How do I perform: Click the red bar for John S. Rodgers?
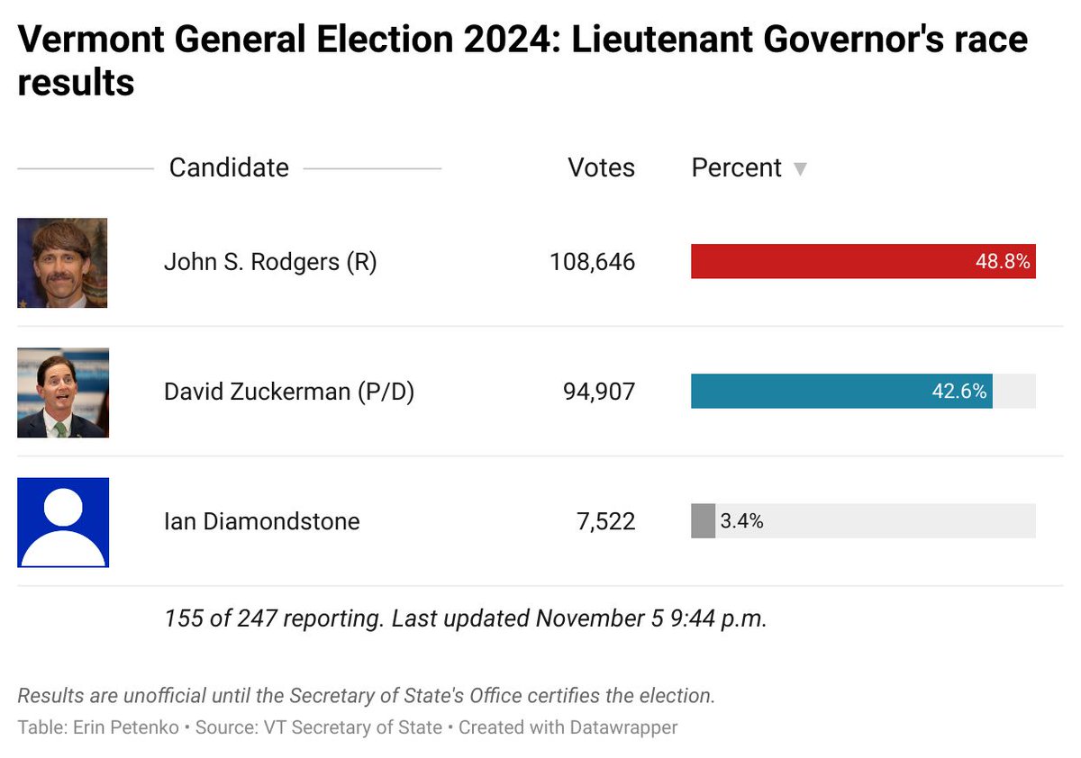pyautogui.click(x=829, y=262)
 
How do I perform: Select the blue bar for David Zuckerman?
pyautogui.click(x=811, y=392)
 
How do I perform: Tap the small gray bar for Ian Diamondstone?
pyautogui.click(x=703, y=521)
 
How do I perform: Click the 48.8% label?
pyautogui.click(x=1003, y=262)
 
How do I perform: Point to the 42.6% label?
pyautogui.click(x=958, y=392)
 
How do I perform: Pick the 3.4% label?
pyautogui.click(x=741, y=521)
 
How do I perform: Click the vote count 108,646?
pyautogui.click(x=592, y=262)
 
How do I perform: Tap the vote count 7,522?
pyautogui.click(x=605, y=521)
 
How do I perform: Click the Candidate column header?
pyautogui.click(x=229, y=167)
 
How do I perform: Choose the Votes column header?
pyautogui.click(x=601, y=167)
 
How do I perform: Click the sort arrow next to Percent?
pyautogui.click(x=799, y=169)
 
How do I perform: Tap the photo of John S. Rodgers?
pyautogui.click(x=62, y=263)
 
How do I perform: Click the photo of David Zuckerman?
pyautogui.click(x=63, y=393)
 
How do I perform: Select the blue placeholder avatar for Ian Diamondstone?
pyautogui.click(x=63, y=522)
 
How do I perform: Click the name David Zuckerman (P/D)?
pyautogui.click(x=288, y=392)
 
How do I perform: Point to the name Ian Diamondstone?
pyautogui.click(x=261, y=521)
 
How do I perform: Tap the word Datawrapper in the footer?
pyautogui.click(x=622, y=726)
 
